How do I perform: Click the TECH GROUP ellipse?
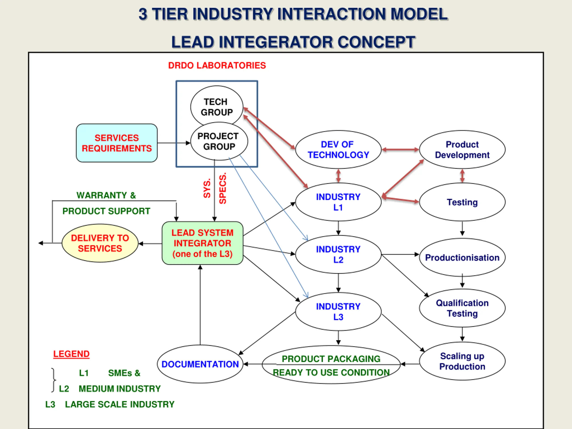click(217, 107)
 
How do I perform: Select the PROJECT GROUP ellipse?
click(219, 141)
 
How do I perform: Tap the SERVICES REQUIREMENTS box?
click(117, 143)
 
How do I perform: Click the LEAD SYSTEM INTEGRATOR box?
click(202, 243)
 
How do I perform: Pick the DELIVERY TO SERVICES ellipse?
click(100, 243)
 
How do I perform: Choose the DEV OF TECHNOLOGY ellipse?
click(338, 149)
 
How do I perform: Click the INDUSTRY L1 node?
click(338, 202)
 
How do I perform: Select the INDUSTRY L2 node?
click(338, 254)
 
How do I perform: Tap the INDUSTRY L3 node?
click(338, 312)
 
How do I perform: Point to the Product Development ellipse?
click(462, 149)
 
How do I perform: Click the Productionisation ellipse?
click(462, 257)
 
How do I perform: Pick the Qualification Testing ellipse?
click(462, 308)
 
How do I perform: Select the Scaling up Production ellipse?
click(462, 361)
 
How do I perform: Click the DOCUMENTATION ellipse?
click(200, 364)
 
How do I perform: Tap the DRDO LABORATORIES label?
click(217, 65)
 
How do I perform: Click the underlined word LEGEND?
click(71, 354)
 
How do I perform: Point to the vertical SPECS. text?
click(223, 189)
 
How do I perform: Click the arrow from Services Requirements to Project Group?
click(174, 143)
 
